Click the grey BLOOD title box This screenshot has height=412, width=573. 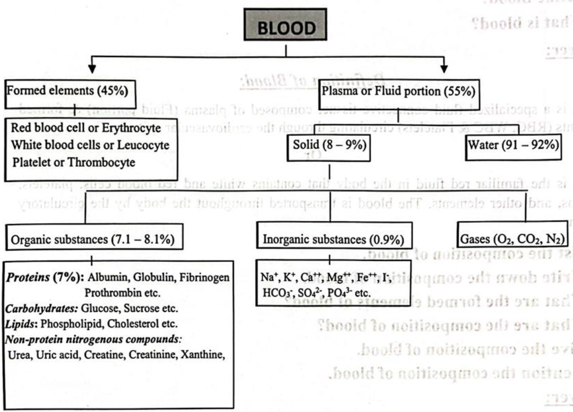click(x=287, y=29)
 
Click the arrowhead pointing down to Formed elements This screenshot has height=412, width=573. click(x=92, y=67)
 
